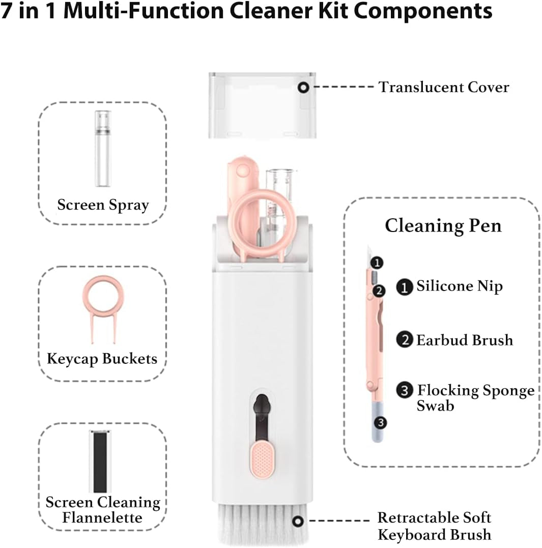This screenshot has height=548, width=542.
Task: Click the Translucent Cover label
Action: [x=443, y=87]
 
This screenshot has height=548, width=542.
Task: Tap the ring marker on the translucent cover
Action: [x=304, y=88]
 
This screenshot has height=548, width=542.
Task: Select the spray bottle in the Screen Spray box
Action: [x=103, y=149]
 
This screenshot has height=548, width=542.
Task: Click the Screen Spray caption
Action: [x=103, y=205]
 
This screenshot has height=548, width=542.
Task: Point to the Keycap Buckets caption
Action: [x=102, y=359]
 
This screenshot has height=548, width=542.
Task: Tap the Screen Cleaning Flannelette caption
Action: [x=103, y=510]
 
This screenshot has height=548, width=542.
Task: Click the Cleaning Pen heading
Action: [x=443, y=225]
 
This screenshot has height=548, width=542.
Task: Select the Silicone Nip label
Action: [x=459, y=286]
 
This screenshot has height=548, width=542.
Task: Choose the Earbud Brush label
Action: [x=464, y=340]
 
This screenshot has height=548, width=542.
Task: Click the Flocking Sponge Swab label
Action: [x=475, y=397]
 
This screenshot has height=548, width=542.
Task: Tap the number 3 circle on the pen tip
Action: [x=380, y=422]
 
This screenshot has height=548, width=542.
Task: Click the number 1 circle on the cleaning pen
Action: [x=376, y=263]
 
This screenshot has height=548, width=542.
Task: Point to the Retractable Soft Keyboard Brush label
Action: [x=434, y=526]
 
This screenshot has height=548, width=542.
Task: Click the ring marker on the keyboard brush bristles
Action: [x=298, y=521]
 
